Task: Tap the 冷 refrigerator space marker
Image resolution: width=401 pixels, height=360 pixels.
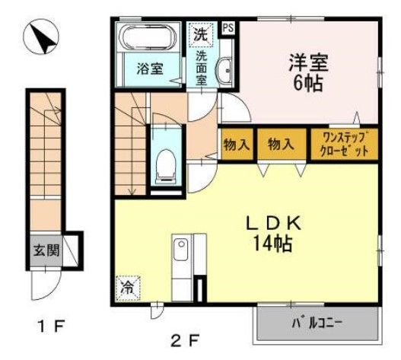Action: pos(126,288)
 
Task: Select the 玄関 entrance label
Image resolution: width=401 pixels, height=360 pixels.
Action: pos(42,251)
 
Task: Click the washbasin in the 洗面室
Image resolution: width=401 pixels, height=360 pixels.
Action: pos(224,72)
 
